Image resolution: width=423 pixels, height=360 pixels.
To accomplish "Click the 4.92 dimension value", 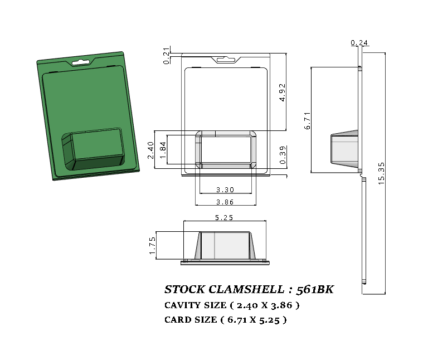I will click(x=283, y=92).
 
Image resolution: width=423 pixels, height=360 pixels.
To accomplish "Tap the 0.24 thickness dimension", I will click(x=359, y=43).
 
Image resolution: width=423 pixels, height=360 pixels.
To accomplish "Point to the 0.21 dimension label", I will click(x=167, y=56).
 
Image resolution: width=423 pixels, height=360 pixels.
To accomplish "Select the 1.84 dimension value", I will click(x=163, y=150).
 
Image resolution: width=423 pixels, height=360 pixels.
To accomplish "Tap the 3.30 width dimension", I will click(x=225, y=189).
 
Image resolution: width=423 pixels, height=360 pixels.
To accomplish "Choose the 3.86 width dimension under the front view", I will click(x=225, y=202).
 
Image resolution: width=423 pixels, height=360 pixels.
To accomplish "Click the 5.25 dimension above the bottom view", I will click(x=224, y=217).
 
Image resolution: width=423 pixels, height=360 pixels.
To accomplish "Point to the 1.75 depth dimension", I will click(x=152, y=245).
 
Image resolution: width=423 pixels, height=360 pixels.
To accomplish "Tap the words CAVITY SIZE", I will click(x=195, y=305).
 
